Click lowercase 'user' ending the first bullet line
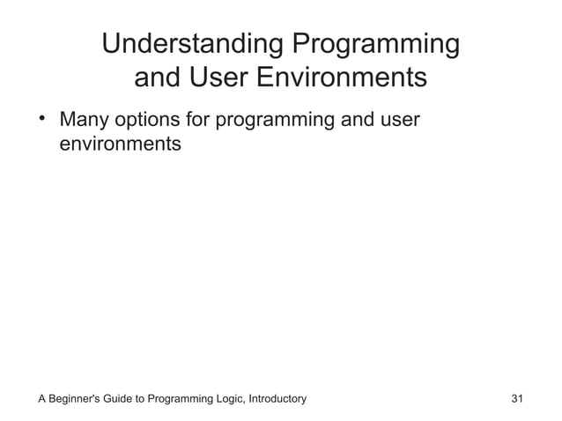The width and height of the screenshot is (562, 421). (400, 119)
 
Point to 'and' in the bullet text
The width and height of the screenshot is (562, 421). (358, 119)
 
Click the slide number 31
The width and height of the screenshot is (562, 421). (517, 399)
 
